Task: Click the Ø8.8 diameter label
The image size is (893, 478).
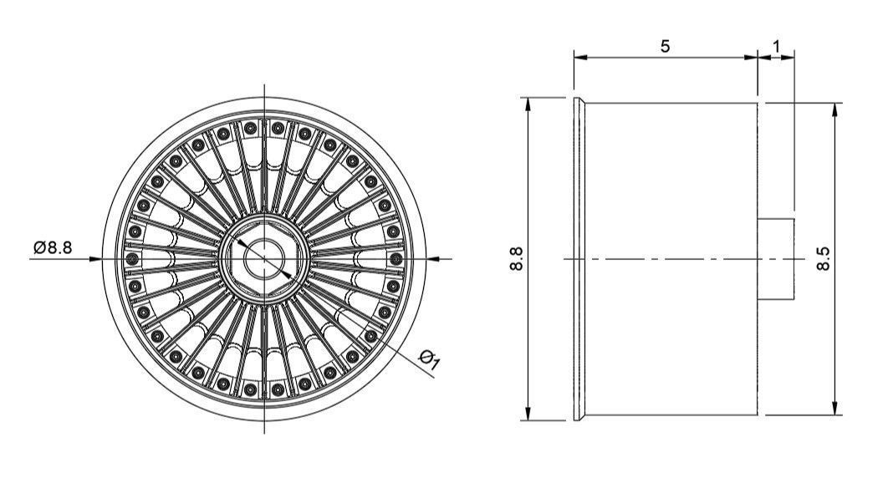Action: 53,248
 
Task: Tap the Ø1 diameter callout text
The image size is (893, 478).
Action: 429,361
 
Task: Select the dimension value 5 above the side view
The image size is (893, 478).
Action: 665,46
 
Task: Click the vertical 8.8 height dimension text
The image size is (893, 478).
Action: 516,259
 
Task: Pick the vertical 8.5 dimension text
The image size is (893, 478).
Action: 824,259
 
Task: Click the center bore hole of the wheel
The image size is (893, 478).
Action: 264,259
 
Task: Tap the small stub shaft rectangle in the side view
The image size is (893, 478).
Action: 776,258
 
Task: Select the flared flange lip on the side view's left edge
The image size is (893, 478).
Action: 579,259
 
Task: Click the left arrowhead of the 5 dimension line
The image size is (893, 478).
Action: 579,58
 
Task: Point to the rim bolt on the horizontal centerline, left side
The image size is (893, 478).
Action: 132,260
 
